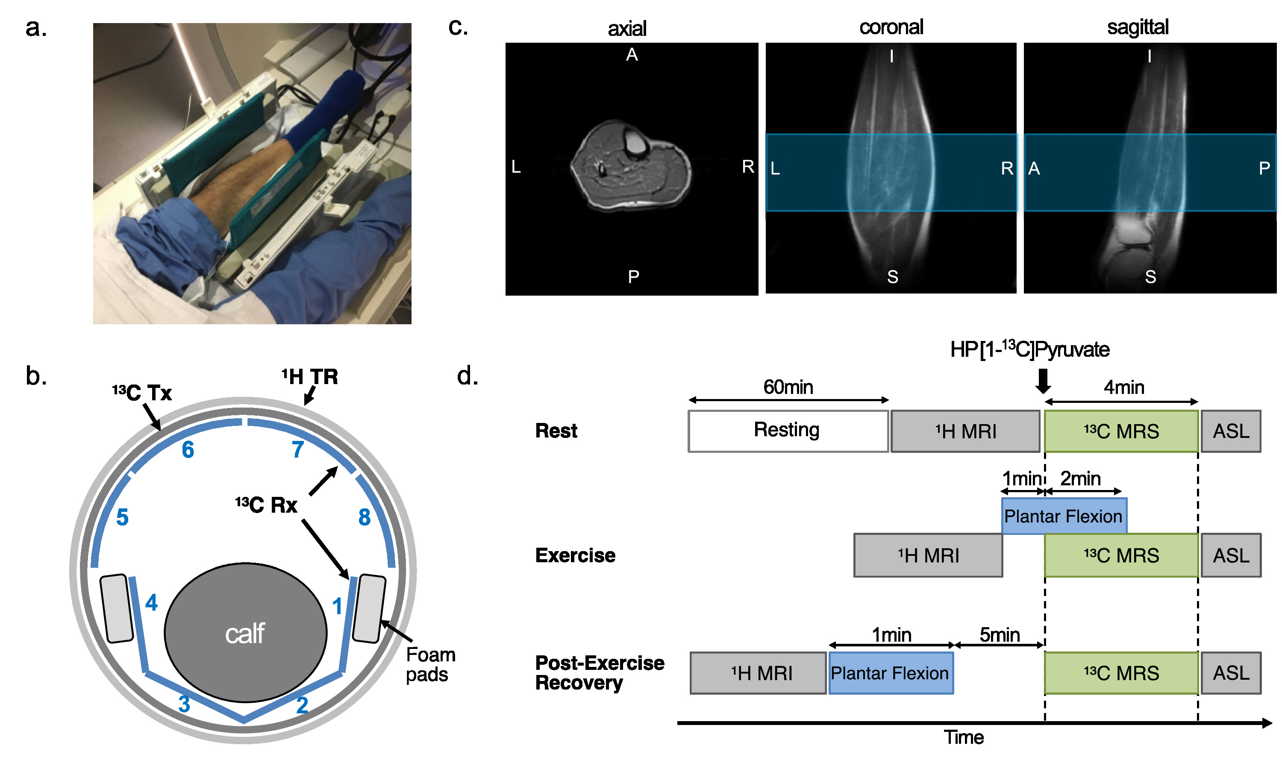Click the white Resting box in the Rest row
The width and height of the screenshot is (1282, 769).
pyautogui.click(x=787, y=431)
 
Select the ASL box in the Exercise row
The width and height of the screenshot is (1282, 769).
pyautogui.click(x=1231, y=555)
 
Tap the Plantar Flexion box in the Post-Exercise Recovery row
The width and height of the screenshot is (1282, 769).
pyautogui.click(x=890, y=672)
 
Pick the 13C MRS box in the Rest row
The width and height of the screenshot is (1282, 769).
pyautogui.click(x=1121, y=431)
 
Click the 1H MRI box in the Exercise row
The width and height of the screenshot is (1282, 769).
pyautogui.click(x=928, y=555)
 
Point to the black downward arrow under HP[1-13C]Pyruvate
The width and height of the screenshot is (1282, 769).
pyautogui.click(x=1043, y=382)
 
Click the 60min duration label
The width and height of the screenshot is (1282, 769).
pyautogui.click(x=788, y=387)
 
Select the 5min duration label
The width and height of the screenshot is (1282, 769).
pyautogui.click(x=999, y=635)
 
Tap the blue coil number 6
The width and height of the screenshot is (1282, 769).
pyautogui.click(x=188, y=450)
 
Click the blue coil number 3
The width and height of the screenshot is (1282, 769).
pyautogui.click(x=184, y=704)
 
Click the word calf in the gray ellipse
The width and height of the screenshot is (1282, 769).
pyautogui.click(x=244, y=633)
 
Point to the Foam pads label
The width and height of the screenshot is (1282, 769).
pyautogui.click(x=430, y=664)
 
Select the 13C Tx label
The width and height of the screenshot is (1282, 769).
pyautogui.click(x=142, y=393)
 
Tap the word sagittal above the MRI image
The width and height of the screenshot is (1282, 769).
pyautogui.click(x=1138, y=27)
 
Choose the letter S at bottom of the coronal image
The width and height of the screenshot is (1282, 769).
pyautogui.click(x=892, y=277)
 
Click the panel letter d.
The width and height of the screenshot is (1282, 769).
pyautogui.click(x=467, y=376)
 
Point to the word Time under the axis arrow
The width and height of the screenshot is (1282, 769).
pyautogui.click(x=963, y=737)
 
